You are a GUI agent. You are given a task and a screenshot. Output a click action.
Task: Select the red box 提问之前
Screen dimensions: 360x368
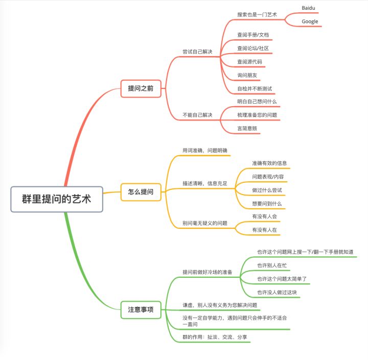pos(141,88)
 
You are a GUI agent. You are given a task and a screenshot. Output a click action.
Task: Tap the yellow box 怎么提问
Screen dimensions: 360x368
pos(141,193)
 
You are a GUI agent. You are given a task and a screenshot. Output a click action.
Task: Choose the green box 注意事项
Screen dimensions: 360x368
pos(141,309)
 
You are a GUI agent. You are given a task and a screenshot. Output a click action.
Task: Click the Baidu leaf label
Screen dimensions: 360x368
pos(309,9)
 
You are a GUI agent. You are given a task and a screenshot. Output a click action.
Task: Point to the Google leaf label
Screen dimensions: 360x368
pos(310,21)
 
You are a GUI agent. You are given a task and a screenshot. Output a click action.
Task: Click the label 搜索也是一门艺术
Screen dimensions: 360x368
pos(257,15)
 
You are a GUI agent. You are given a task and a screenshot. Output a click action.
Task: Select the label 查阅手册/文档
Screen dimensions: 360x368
pos(253,35)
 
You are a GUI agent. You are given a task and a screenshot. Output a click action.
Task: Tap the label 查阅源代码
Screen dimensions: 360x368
pos(250,62)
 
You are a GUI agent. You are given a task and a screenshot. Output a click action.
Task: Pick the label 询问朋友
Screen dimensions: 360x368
pos(247,75)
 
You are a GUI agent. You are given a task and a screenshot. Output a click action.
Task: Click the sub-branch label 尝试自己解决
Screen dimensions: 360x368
pos(197,52)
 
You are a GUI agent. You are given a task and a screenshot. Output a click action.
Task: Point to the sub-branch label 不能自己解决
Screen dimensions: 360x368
pos(197,115)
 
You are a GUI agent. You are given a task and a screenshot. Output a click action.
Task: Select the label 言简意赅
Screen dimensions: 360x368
pos(247,128)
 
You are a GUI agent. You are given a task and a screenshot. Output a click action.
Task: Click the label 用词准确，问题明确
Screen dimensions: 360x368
pos(204,150)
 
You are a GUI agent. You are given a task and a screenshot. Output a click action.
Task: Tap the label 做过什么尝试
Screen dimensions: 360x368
pos(267,190)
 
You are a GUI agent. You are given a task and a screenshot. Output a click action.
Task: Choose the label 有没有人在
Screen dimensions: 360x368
pos(264,230)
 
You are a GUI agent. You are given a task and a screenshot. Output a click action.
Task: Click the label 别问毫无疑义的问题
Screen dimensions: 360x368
pos(205,223)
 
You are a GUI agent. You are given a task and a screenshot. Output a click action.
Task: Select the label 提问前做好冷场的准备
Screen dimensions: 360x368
pos(208,272)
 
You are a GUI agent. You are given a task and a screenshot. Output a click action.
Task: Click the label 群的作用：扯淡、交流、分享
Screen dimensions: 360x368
pos(215,337)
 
